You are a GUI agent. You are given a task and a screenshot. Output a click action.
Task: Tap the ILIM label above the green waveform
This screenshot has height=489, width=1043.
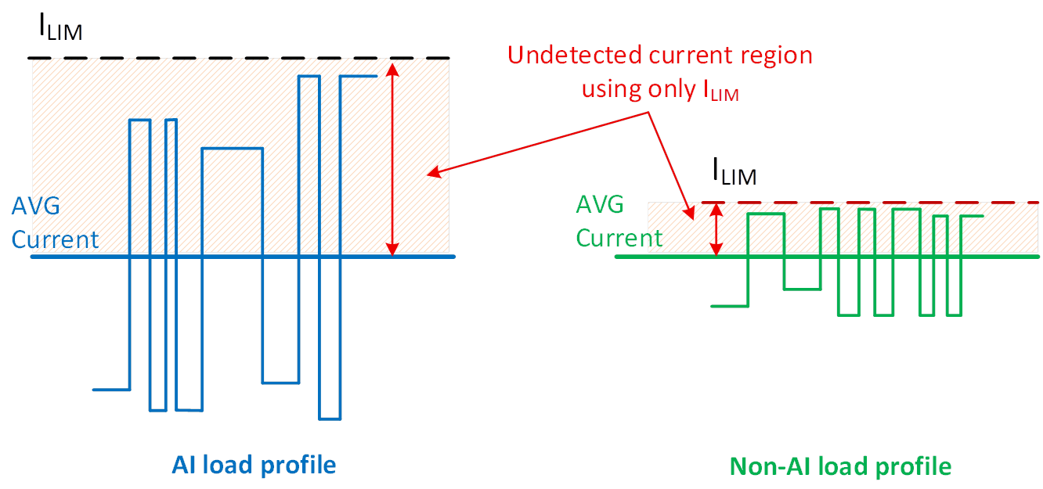pos(733,172)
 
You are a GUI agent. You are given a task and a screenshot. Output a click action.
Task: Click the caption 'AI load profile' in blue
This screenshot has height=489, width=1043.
pos(254,466)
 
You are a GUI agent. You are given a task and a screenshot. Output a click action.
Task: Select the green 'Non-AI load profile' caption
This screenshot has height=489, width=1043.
pos(841,467)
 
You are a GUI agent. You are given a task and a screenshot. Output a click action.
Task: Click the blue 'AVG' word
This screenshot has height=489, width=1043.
pos(35,207)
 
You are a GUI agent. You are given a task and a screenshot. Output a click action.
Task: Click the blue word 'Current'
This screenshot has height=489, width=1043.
pos(55,239)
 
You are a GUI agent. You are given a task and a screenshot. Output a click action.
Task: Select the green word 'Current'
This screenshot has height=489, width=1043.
pos(619,237)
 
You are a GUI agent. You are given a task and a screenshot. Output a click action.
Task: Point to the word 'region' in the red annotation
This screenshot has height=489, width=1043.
pos(776,56)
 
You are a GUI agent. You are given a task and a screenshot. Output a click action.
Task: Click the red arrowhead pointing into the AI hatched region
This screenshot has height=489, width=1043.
pos(431,173)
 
